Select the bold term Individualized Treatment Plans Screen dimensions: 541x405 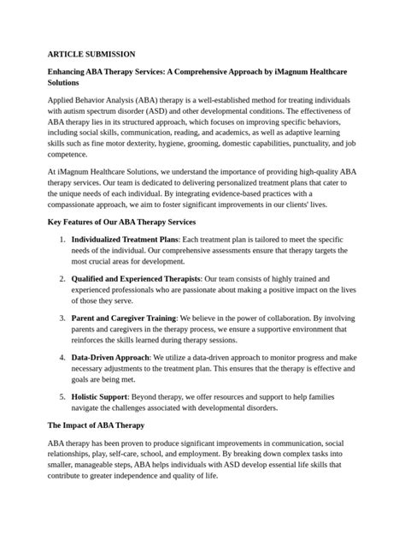pyautogui.click(x=126, y=239)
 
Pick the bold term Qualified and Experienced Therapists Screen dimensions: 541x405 pyautogui.click(x=136, y=279)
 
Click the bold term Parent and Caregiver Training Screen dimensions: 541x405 pyautogui.click(x=123, y=318)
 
